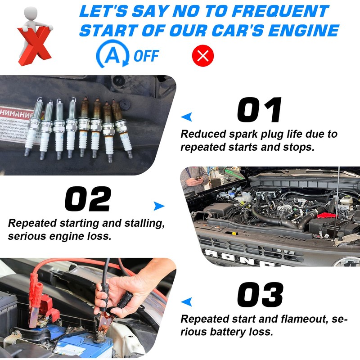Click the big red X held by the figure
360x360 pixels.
coord(34,45)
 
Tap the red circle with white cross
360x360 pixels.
coord(203,56)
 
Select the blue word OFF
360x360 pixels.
coord(146,56)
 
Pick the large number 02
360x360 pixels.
coord(88,198)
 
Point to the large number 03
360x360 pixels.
coord(260,295)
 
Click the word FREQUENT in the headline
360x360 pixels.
coord(282,11)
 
